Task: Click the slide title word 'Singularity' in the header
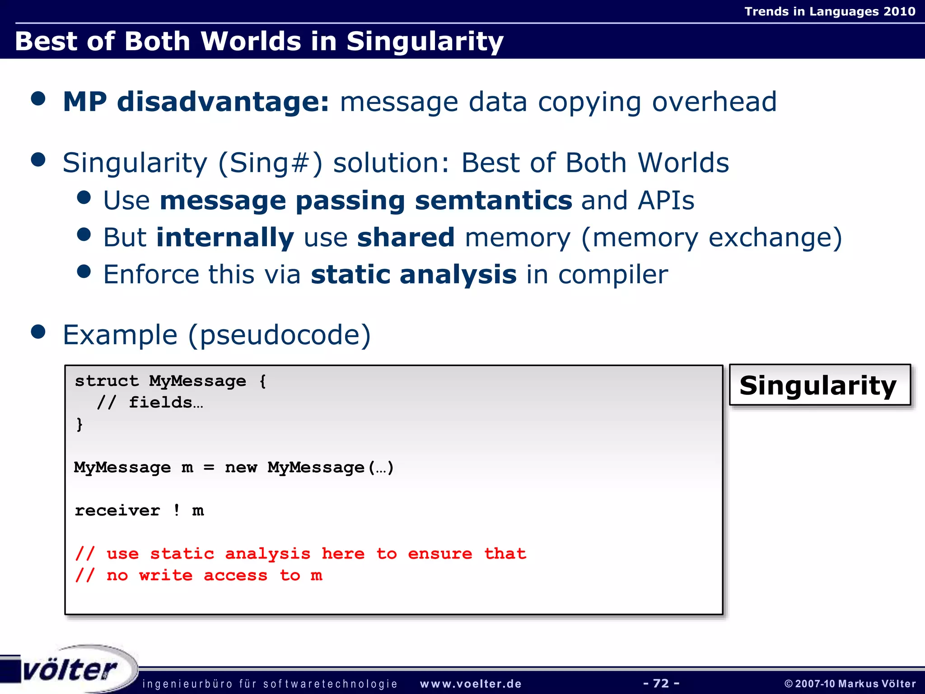(425, 42)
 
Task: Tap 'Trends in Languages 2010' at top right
(830, 11)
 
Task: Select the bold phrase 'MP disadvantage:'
(196, 102)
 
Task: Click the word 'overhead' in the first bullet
(714, 102)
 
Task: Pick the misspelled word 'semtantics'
(493, 200)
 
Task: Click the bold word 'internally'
(225, 238)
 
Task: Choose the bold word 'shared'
(406, 238)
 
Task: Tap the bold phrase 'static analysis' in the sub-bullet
(414, 275)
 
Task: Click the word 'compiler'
(613, 275)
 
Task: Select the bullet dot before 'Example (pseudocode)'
(38, 332)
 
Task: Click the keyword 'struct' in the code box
(107, 381)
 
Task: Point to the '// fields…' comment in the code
(150, 402)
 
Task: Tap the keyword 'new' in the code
(241, 467)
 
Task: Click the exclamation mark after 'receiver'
(177, 510)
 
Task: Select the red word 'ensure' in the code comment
(440, 553)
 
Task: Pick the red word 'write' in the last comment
(166, 575)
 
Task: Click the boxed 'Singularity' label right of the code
(818, 385)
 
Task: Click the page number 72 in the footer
(661, 683)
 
